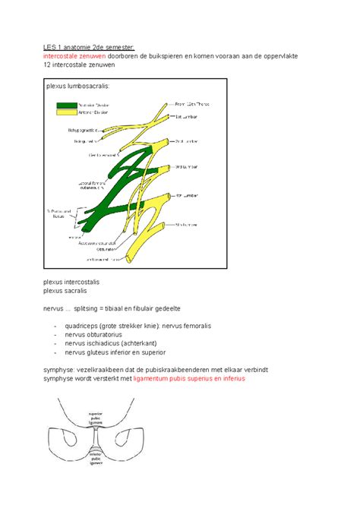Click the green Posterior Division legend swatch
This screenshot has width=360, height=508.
[65, 105]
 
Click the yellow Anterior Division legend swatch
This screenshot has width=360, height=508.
[65, 113]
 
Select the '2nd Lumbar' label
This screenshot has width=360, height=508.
[188, 141]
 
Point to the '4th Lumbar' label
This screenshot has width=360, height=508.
[187, 198]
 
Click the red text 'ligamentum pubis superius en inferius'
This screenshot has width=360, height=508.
[189, 378]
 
